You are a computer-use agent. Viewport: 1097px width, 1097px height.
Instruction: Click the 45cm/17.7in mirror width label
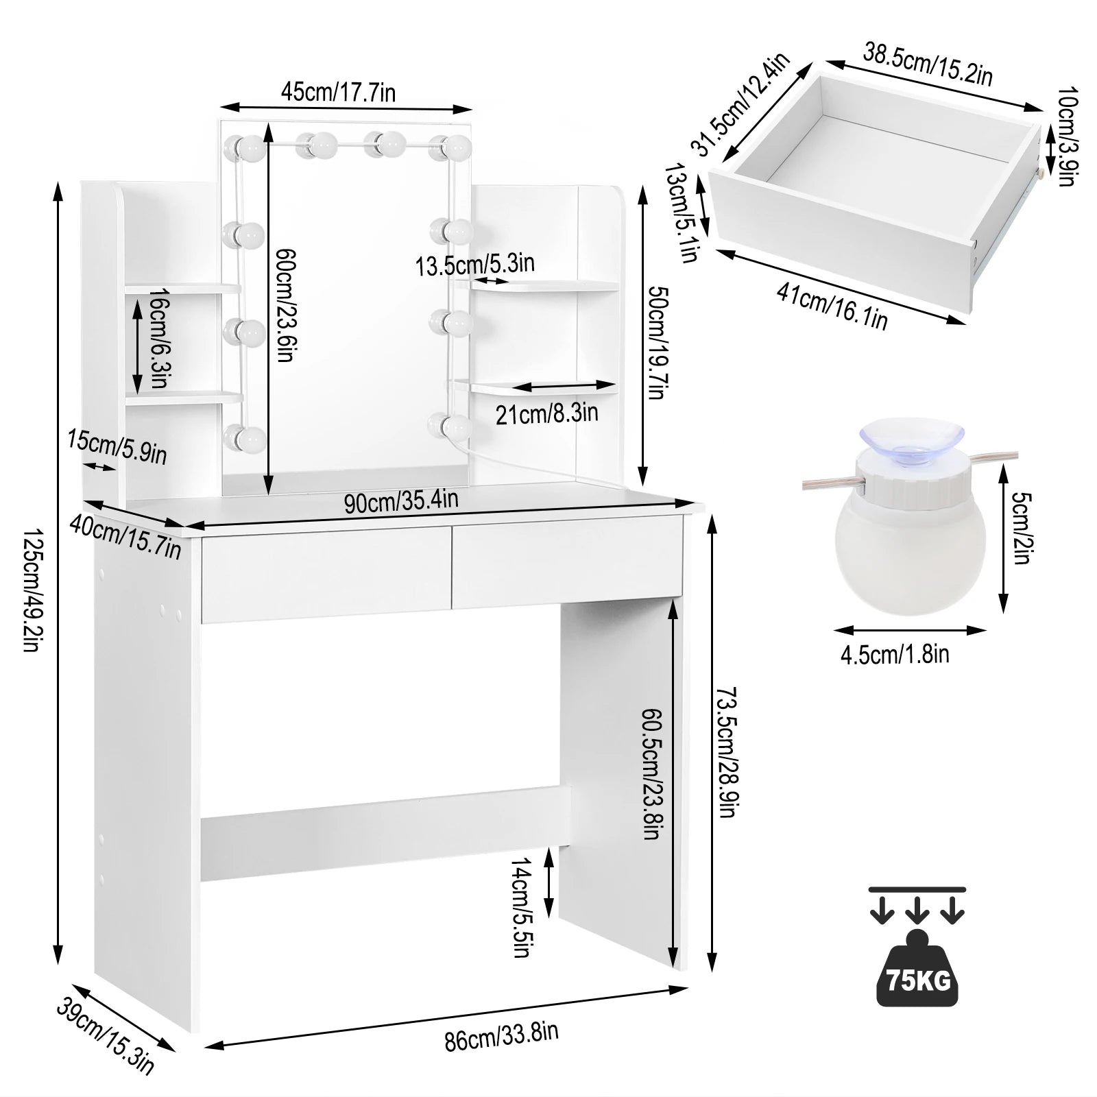(338, 92)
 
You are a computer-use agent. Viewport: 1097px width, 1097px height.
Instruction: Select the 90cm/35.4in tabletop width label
(401, 501)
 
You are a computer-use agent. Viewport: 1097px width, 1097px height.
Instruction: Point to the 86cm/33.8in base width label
(501, 1036)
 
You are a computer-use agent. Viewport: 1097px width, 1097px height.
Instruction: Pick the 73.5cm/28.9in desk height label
(726, 752)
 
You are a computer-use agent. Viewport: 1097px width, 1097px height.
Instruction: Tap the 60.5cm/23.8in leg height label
(651, 773)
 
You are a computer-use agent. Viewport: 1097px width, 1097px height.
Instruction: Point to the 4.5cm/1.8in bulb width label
(895, 655)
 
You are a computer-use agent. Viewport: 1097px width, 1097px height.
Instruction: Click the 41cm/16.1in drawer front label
(832, 306)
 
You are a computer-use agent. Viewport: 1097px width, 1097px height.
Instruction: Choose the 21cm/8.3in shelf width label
(546, 413)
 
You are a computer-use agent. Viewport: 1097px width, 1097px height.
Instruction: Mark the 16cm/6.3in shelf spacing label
(159, 338)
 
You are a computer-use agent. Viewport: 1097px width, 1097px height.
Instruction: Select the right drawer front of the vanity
(567, 562)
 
